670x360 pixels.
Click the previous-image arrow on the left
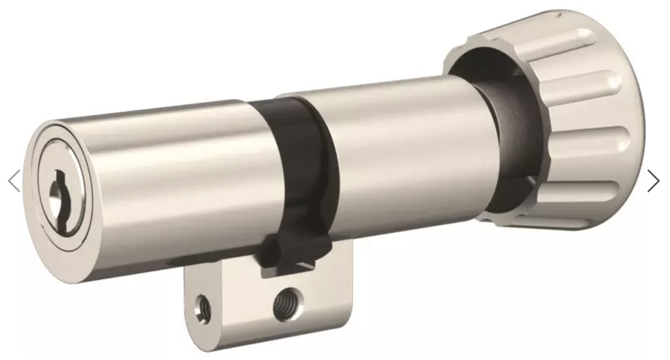click(14, 181)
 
